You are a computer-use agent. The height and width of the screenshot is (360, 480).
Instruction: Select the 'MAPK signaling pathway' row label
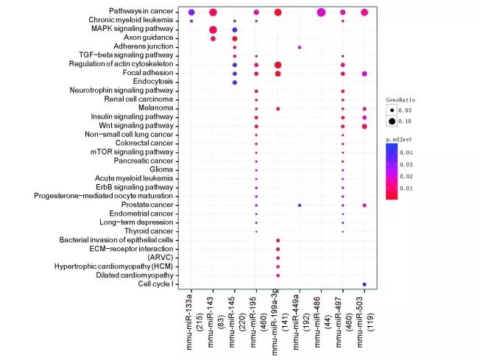[137, 29]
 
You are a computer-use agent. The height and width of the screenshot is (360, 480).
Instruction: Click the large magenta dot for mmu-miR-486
[321, 13]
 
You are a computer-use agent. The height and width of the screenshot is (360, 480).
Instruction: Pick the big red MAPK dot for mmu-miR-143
[213, 29]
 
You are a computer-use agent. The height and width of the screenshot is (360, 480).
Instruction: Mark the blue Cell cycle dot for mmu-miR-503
[364, 283]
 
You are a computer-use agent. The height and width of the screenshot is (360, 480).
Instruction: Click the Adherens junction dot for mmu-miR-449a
[300, 47]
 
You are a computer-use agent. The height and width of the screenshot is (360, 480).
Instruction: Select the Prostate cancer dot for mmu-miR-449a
[300, 205]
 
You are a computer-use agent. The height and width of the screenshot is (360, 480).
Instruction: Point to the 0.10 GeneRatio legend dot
[394, 120]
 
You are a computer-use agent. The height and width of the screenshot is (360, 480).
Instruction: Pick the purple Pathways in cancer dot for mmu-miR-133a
[191, 13]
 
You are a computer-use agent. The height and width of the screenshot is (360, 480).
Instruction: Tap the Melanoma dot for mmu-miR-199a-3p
[278, 109]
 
